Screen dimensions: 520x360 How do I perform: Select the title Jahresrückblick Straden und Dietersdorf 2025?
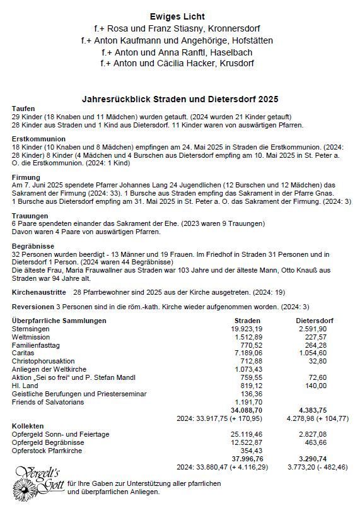point(180,99)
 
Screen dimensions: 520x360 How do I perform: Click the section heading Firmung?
point(26,177)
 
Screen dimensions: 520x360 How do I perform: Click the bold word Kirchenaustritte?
point(39,293)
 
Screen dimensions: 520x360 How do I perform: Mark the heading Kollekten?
point(28,426)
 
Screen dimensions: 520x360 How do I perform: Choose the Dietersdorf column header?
point(315,321)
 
